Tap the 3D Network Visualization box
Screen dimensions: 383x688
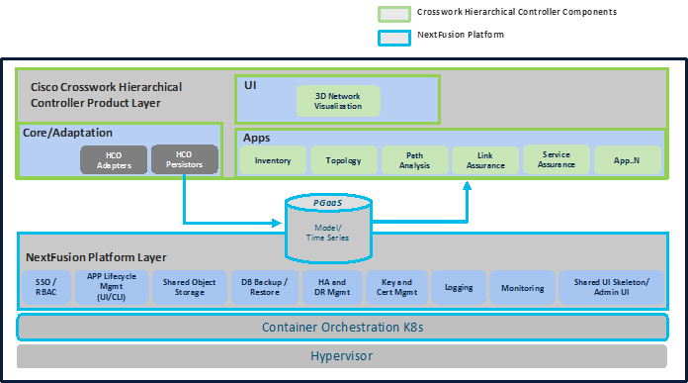coord(337,100)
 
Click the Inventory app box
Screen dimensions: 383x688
coord(273,160)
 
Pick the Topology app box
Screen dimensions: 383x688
coord(343,160)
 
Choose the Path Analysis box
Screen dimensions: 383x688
coord(414,160)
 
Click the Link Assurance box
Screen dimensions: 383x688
coord(485,160)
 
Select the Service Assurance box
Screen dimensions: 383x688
coord(557,159)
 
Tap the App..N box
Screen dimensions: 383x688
coord(628,160)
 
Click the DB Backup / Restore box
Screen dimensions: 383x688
coord(264,287)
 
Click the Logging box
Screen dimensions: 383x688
coord(459,287)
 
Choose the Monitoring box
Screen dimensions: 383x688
coord(522,287)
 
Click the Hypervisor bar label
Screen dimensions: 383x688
coord(343,355)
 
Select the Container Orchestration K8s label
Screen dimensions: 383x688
coord(343,327)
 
